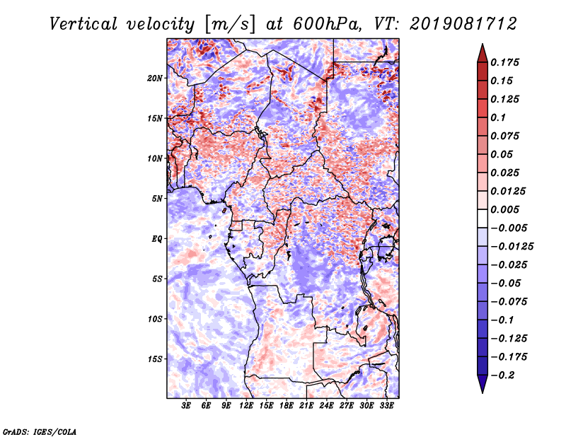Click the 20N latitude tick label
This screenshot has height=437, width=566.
pyautogui.click(x=155, y=78)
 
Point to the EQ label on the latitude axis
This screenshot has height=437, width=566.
pyautogui.click(x=158, y=238)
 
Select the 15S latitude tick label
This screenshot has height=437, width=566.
pyautogui.click(x=155, y=359)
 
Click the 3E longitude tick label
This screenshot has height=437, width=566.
pyautogui.click(x=187, y=406)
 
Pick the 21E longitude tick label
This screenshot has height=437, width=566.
pyautogui.click(x=306, y=406)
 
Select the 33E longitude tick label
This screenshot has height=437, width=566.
pyautogui.click(x=386, y=406)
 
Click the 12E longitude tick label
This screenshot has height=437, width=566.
pyautogui.click(x=246, y=406)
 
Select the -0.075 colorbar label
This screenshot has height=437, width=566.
pyautogui.click(x=511, y=302)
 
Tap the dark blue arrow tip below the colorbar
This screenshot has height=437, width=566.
pyautogui.click(x=482, y=389)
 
